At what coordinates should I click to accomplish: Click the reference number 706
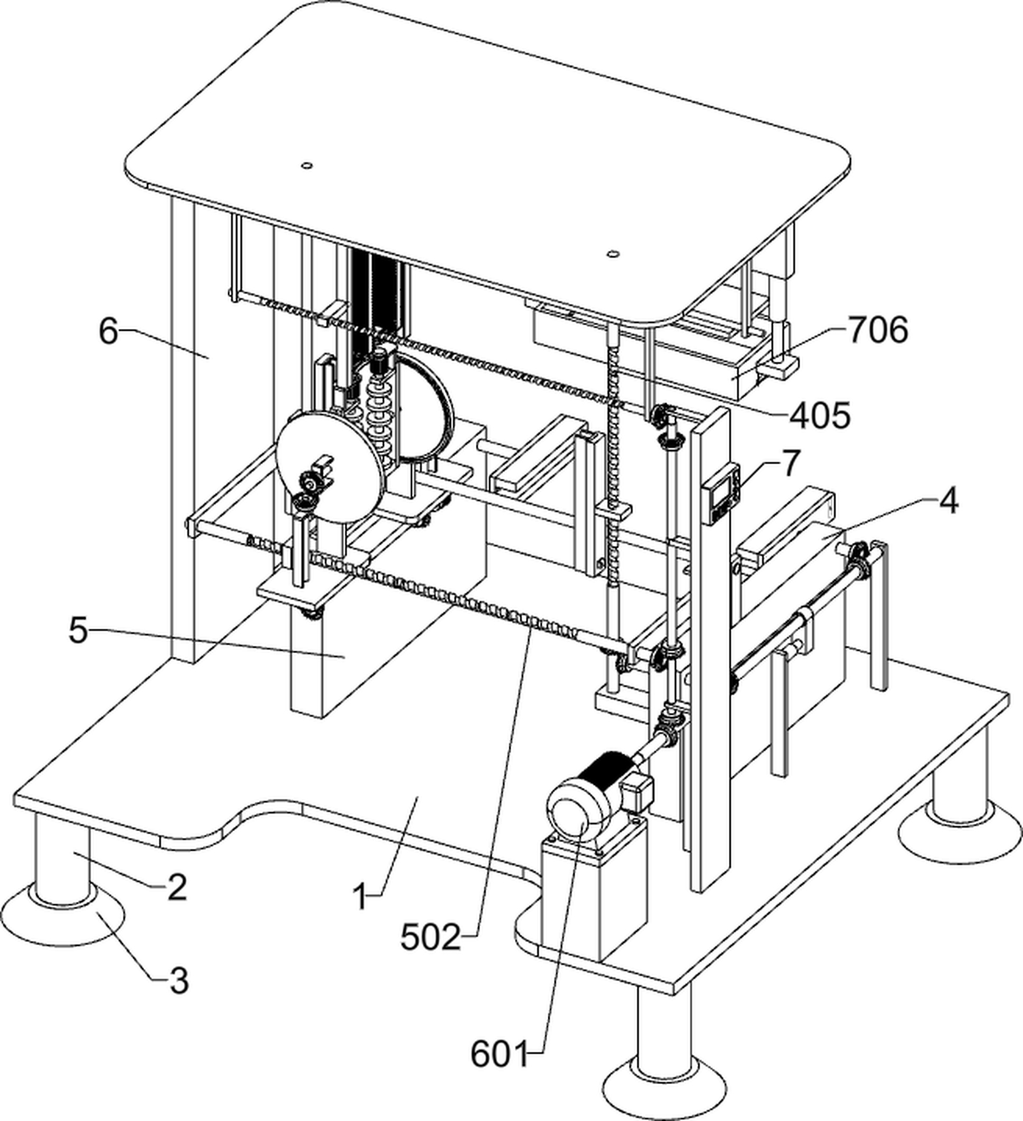click(x=878, y=331)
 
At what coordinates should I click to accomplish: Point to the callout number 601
click(x=499, y=1054)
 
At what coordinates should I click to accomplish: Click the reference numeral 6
click(x=108, y=332)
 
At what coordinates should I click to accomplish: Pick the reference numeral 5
click(x=79, y=631)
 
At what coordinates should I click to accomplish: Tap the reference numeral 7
click(x=791, y=463)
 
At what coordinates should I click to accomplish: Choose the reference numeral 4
click(x=949, y=501)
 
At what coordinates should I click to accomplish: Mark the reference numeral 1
click(x=362, y=897)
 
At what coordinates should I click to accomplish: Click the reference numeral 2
click(x=177, y=887)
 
